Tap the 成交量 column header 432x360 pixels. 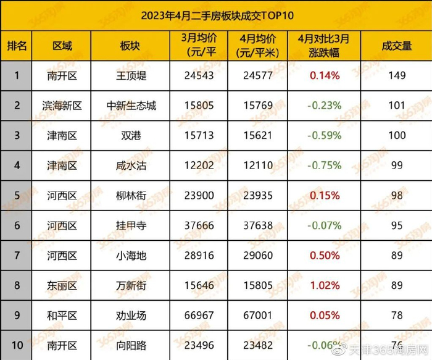pos(397,46)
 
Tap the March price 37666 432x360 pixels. pos(200,225)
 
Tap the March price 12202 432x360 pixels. pos(200,165)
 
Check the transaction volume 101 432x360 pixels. pos(397,106)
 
